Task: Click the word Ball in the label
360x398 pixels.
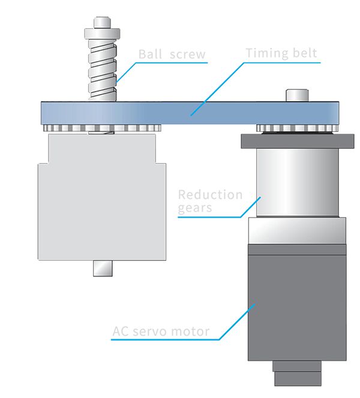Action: pyautogui.click(x=150, y=55)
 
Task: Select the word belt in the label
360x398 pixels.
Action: pyautogui.click(x=304, y=53)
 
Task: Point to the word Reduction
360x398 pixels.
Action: pyautogui.click(x=211, y=195)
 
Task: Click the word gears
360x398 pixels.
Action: pyautogui.click(x=196, y=209)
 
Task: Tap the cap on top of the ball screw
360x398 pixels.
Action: pyautogui.click(x=101, y=25)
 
